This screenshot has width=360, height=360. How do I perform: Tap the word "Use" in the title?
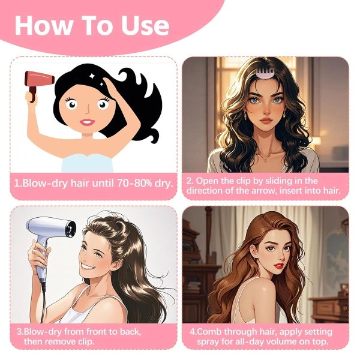[145, 25]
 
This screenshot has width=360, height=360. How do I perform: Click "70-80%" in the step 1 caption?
[134, 183]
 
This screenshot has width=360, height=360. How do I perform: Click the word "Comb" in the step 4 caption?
[209, 332]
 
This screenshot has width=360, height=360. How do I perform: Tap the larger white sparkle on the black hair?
[92, 76]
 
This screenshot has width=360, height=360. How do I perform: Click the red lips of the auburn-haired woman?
[278, 266]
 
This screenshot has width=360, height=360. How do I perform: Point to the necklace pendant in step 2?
[266, 160]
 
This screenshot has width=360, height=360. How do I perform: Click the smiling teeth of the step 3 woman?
[87, 266]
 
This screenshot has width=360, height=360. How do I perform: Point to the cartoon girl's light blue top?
[87, 163]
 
